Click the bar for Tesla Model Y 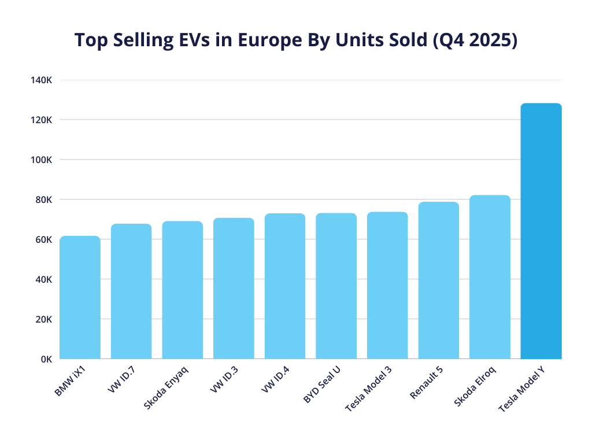541,231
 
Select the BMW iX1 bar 80,298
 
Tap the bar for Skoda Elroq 490,277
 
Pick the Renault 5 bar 438,280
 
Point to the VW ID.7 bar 131,291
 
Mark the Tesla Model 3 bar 387,286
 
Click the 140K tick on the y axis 42,80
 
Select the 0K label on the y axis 46,359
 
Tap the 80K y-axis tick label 44,200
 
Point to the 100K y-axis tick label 42,160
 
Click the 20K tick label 44,319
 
